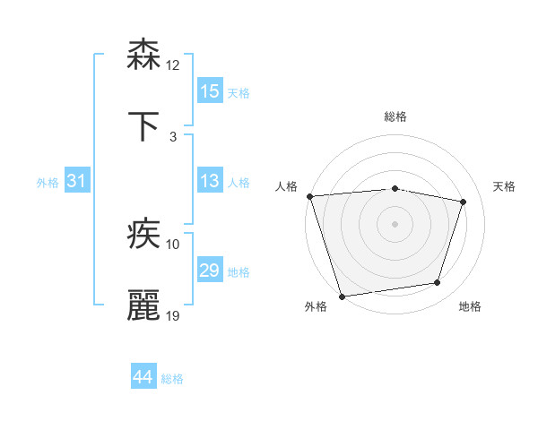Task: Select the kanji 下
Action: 144,126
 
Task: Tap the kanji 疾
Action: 144,235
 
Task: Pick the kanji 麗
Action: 144,305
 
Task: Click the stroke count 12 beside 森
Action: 173,65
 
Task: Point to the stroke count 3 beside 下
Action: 173,137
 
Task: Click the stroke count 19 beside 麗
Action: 173,316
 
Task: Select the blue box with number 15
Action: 209,91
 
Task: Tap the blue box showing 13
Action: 209,182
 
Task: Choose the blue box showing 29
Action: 209,271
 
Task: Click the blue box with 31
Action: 76,182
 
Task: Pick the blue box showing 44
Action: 143,378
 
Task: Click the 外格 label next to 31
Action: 48,183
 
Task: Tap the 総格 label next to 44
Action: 172,379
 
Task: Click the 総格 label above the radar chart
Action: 395,116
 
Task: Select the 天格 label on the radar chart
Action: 505,186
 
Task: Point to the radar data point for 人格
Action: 309,196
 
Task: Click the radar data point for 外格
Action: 342,296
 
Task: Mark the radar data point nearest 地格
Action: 438,283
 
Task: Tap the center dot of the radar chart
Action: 395,223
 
